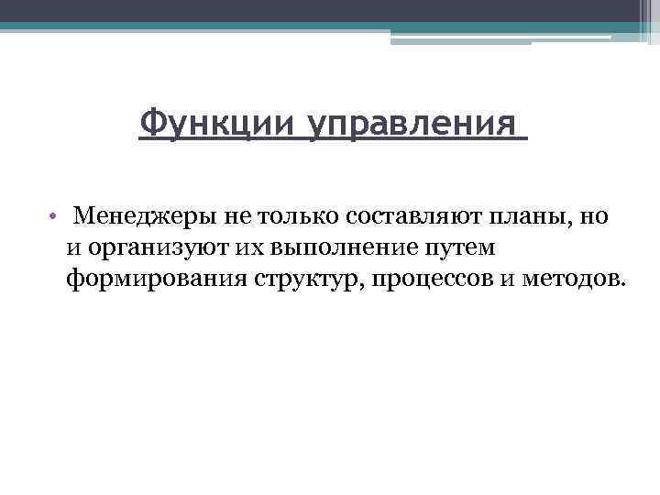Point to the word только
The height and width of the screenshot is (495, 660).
(x=297, y=217)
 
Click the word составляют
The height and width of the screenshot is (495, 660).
(x=418, y=217)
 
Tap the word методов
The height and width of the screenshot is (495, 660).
(x=571, y=279)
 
